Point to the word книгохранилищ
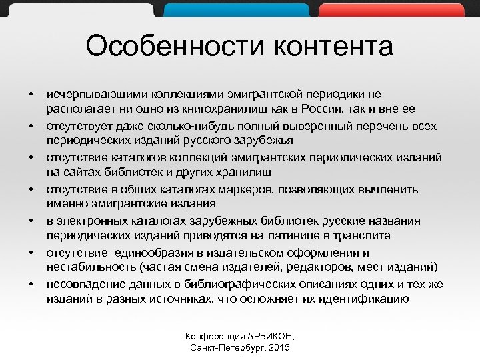209,109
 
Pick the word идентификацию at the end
367,299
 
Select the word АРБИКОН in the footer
271,335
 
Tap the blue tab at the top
237,8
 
